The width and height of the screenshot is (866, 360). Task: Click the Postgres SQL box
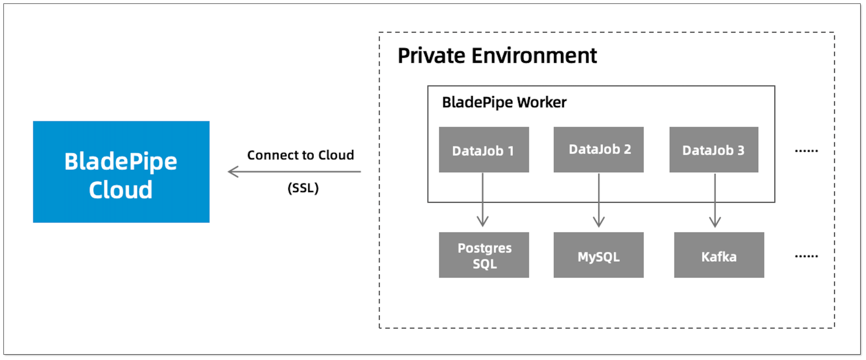coord(484,255)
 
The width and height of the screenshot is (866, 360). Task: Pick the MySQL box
coord(598,255)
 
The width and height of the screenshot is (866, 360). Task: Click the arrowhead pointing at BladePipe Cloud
coord(233,172)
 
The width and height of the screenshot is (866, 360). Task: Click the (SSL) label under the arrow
coord(303,188)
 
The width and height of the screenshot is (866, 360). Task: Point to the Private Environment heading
coord(497,56)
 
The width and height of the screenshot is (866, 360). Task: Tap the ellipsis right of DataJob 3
coord(806,151)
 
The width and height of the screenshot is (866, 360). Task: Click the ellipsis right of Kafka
coord(806,257)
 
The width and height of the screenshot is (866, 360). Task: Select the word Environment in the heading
coord(534,56)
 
